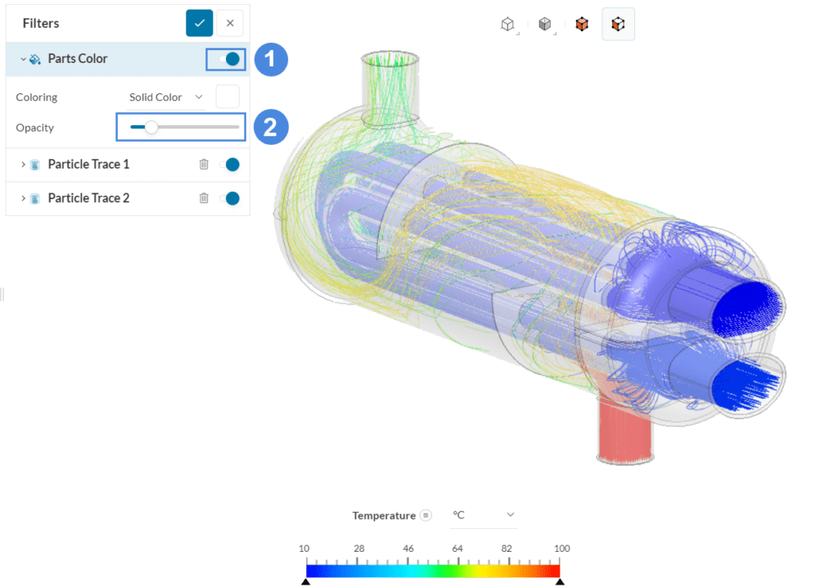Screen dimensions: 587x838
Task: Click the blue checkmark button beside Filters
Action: [x=200, y=23]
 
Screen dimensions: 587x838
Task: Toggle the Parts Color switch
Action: [x=226, y=59]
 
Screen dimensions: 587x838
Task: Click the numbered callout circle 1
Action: [x=271, y=59]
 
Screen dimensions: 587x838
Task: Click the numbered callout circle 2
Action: [x=271, y=127]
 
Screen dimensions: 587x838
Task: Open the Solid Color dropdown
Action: [x=166, y=97]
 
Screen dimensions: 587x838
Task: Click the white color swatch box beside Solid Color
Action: [x=228, y=97]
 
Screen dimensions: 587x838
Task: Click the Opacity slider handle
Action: [x=151, y=127]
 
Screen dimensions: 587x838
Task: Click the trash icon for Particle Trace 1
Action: [x=204, y=165]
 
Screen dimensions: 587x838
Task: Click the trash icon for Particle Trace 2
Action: [x=204, y=198]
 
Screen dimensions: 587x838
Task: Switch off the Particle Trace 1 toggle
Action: [x=229, y=165]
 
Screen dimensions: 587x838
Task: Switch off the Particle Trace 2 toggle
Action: [x=229, y=198]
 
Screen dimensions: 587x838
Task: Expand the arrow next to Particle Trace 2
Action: [x=22, y=198]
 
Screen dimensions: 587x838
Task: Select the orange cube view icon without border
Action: [x=581, y=24]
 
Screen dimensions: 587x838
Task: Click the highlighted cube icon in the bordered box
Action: [x=619, y=24]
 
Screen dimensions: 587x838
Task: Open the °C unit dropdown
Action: [x=484, y=515]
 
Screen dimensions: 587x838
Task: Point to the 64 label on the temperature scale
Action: [x=457, y=549]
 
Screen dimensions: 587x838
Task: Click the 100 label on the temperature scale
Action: [x=561, y=549]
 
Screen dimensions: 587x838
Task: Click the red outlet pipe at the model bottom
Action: [x=624, y=426]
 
